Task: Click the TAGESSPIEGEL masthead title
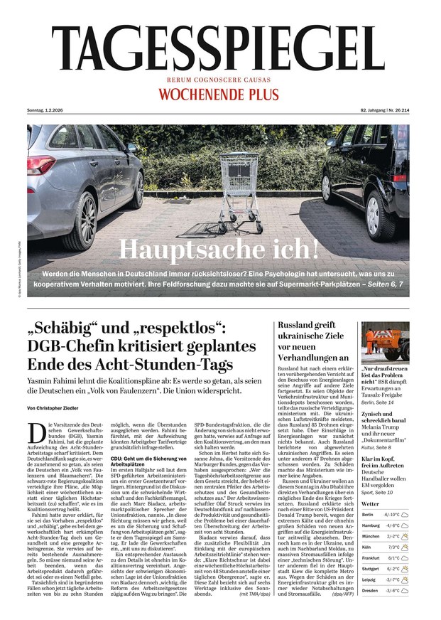point(220,43)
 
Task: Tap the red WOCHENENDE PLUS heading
point(220,94)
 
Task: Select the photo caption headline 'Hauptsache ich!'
point(219,250)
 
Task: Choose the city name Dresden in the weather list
point(369,590)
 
